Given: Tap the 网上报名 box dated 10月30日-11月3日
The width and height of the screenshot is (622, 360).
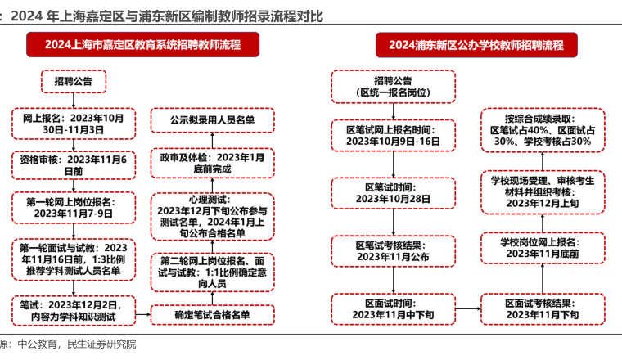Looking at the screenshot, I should click(x=73, y=123).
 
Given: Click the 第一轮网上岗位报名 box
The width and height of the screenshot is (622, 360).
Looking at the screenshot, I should click(x=73, y=207).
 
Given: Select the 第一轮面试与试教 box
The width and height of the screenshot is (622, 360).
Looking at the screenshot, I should click(x=73, y=259).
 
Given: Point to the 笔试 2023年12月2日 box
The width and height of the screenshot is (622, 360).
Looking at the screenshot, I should click(x=73, y=309).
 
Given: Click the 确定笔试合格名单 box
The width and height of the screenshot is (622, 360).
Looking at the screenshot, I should click(x=213, y=313).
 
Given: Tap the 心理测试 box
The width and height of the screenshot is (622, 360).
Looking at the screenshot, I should click(x=213, y=215).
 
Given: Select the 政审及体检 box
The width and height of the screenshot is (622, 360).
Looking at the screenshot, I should click(x=213, y=163).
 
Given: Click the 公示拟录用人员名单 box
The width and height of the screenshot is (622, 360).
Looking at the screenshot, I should click(x=213, y=120).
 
